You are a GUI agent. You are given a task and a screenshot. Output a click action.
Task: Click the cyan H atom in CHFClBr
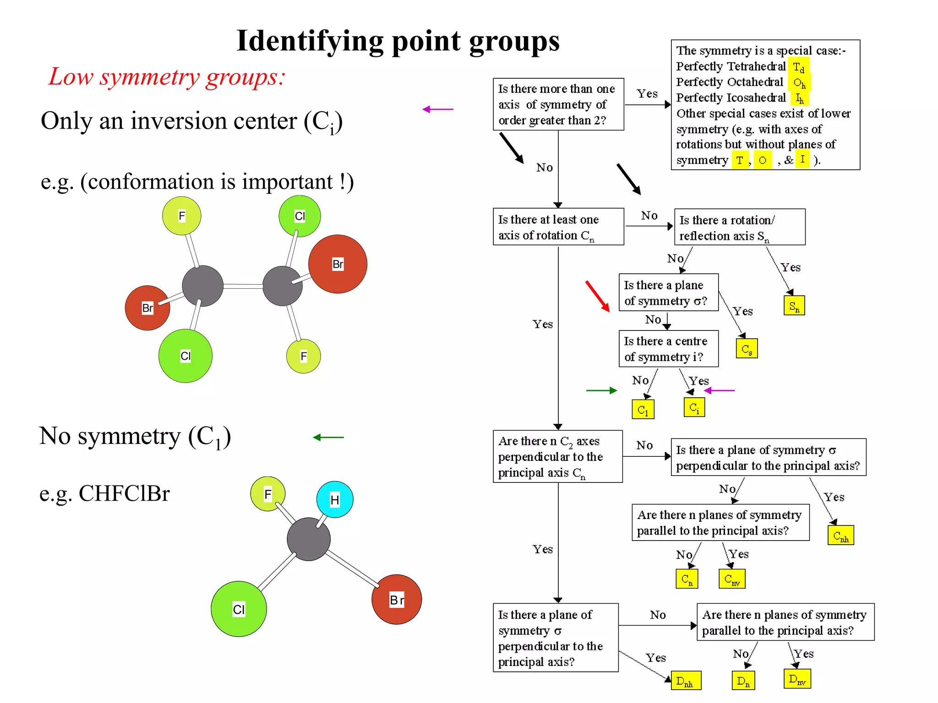coord(335,499)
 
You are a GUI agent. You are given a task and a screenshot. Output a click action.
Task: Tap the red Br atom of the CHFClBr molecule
coord(396,599)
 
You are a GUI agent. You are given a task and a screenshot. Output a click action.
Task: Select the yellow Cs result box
coord(747,349)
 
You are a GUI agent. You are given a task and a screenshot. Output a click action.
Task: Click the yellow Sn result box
coord(794,305)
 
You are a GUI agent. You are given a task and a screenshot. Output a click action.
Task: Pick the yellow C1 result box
coord(643,409)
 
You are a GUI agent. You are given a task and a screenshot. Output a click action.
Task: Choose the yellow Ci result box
coord(694,407)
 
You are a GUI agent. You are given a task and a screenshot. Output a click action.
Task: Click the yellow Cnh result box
coord(840,535)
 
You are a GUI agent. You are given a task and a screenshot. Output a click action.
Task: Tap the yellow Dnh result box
coord(686,681)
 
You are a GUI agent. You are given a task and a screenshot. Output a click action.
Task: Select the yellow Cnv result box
coord(732,579)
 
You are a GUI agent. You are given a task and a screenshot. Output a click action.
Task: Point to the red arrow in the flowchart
coord(598,296)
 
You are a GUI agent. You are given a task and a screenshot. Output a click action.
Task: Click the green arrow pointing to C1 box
coord(601,390)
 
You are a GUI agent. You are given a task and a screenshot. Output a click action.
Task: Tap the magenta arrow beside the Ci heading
coord(438,109)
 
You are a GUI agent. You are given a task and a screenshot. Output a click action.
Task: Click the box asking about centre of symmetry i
coord(668,349)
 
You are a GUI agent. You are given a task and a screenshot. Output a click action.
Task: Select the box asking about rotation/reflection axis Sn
coord(739,227)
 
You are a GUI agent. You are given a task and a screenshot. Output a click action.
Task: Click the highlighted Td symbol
coord(798,67)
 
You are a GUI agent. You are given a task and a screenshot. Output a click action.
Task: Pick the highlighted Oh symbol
coord(799,83)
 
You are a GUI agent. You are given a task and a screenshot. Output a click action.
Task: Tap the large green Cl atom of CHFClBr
coord(239,609)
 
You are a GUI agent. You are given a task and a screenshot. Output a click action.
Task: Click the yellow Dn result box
coord(743,681)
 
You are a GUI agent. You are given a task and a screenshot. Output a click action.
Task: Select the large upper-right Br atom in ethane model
coord(338,264)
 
